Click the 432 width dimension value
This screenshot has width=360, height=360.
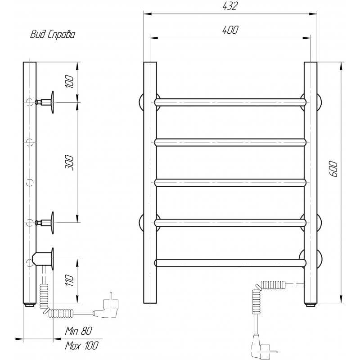pyautogui.click(x=230, y=6)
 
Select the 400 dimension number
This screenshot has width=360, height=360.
pyautogui.click(x=230, y=30)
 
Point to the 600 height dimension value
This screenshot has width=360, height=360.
pyautogui.click(x=334, y=169)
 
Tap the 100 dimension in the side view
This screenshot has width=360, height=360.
pyautogui.click(x=70, y=81)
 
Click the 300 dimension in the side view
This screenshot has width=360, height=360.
pyautogui.click(x=70, y=163)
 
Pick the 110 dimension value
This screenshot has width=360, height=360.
pyautogui.click(x=70, y=280)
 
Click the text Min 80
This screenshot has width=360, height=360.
pyautogui.click(x=78, y=331)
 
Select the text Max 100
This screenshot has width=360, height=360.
pyautogui.click(x=82, y=346)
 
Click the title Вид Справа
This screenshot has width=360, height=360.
pyautogui.click(x=53, y=35)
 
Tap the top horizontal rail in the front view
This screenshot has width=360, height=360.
pyautogui.click(x=230, y=102)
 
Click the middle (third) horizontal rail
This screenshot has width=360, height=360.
pyautogui.click(x=230, y=183)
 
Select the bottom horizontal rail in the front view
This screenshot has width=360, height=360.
pyautogui.click(x=230, y=263)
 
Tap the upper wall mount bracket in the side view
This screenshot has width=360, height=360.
pyautogui.click(x=46, y=102)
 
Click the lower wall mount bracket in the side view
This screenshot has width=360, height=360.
pyautogui.click(x=46, y=223)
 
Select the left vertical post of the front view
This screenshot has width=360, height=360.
pyautogui.click(x=150, y=183)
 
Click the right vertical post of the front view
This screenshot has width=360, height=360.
pyautogui.click(x=310, y=183)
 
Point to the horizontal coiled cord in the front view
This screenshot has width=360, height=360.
pyautogui.click(x=273, y=285)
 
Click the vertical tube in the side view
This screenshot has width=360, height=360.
pyautogui.click(x=30, y=183)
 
